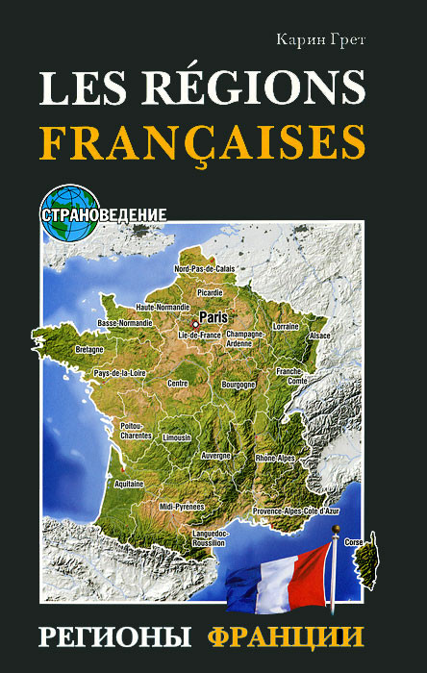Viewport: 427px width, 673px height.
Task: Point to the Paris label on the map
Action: click(213, 313)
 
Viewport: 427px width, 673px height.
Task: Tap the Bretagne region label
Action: click(88, 349)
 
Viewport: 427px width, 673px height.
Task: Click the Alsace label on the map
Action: click(319, 336)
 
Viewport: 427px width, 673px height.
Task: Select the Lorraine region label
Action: click(286, 327)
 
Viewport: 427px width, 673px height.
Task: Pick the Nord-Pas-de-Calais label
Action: click(204, 268)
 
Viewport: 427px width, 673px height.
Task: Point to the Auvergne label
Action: click(215, 455)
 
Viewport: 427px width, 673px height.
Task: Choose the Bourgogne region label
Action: click(238, 384)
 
